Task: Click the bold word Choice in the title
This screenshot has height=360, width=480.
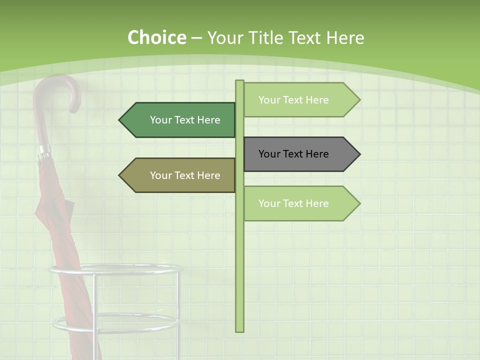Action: [x=156, y=38]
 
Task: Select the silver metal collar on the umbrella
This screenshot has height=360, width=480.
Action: [x=44, y=150]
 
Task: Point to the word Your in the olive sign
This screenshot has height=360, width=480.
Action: [x=160, y=175]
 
